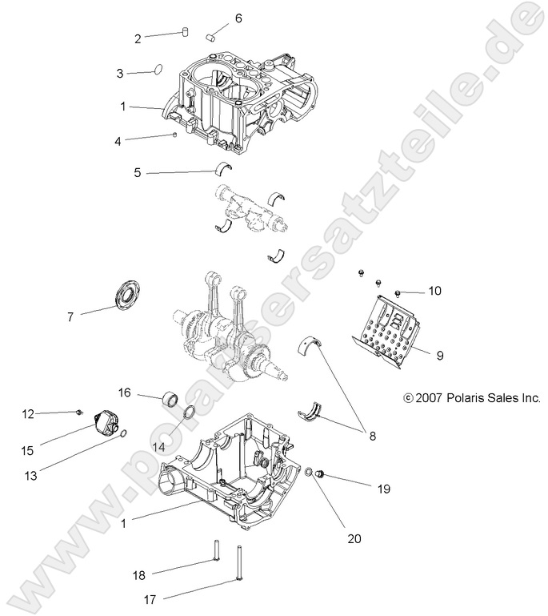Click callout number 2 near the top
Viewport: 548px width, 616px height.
[138, 38]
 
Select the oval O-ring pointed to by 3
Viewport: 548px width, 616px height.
[158, 70]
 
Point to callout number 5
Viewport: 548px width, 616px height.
[138, 172]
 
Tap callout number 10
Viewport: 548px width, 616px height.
[434, 291]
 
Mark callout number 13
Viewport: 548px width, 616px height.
[30, 475]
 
